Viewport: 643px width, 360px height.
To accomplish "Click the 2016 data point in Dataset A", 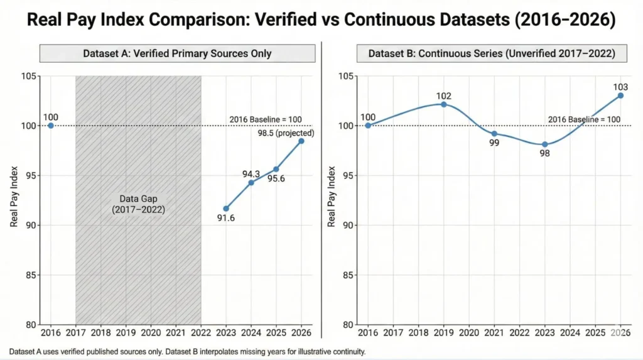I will pos(50,126).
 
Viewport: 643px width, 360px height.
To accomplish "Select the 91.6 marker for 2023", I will pos(226,209).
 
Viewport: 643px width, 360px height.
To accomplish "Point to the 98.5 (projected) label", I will pos(286,133).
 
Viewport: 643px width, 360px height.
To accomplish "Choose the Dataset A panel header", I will pos(177,53).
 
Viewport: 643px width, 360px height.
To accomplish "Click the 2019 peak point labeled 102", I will pos(444,104).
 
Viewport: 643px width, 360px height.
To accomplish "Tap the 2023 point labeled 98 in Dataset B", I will pos(544,145).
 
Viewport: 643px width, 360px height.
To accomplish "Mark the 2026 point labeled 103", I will pos(620,95).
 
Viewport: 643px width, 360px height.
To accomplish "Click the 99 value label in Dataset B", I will pos(494,144).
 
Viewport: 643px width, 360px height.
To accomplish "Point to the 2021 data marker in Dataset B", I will pos(494,134).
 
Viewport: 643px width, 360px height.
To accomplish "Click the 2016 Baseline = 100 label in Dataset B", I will pos(584,119).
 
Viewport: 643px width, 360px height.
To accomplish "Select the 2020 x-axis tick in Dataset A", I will pos(151,333).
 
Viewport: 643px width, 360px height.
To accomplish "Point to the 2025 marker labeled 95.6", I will pos(276,169).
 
